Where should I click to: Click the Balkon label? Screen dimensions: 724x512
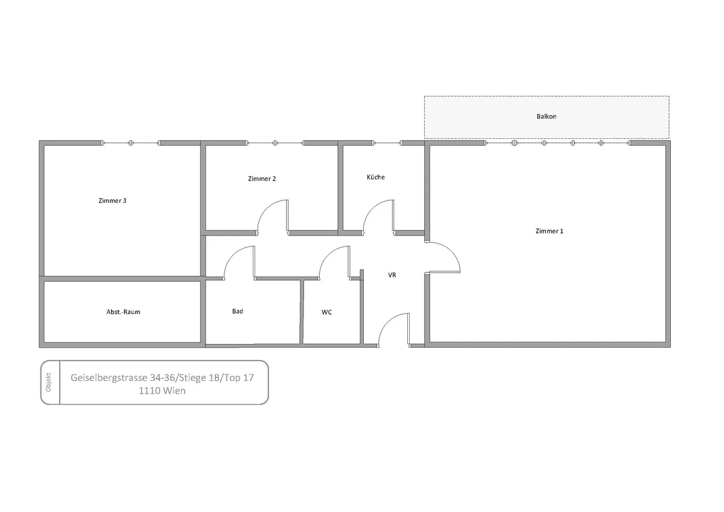coord(547,117)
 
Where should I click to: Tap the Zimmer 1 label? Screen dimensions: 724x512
coord(550,231)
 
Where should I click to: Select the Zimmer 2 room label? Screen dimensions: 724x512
coord(262,179)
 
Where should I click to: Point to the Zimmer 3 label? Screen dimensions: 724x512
coord(112,200)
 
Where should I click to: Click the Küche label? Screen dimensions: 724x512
coord(375,177)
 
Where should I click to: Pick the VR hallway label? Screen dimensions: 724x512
coord(392,275)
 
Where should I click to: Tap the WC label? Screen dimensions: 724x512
coord(327,312)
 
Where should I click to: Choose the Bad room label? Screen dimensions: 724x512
coord(238,311)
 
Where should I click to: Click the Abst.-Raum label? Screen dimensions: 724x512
coord(124,312)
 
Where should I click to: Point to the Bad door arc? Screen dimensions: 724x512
coord(230,254)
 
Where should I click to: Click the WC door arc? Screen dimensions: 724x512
coord(326,254)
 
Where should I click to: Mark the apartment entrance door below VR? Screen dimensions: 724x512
coord(386,321)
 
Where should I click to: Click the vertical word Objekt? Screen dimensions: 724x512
coord(48,382)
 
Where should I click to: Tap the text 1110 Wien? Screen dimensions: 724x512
coord(162,391)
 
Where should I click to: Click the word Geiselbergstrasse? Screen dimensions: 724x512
coord(109,378)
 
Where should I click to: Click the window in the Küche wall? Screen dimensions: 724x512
coord(387,143)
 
